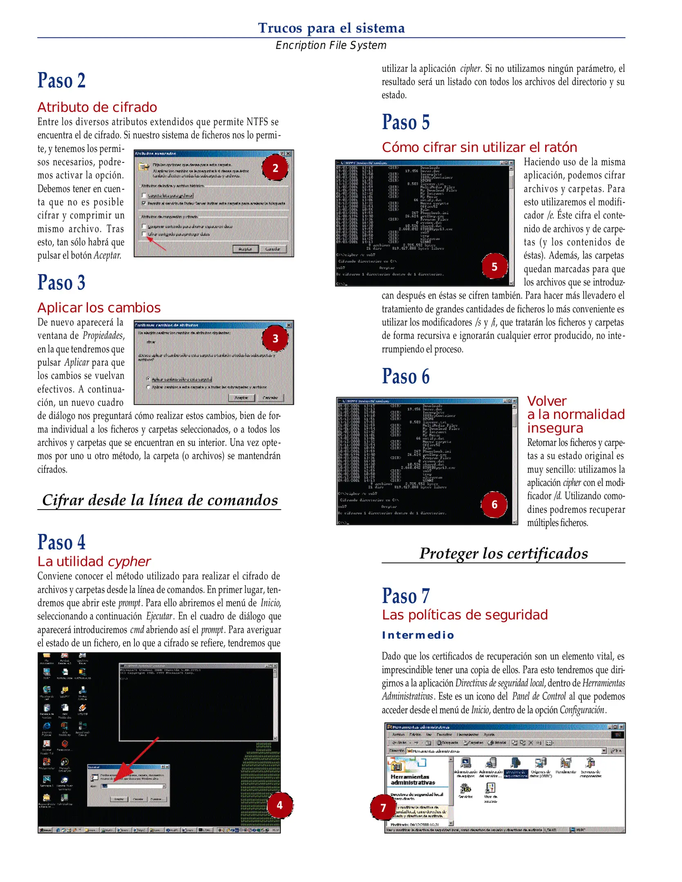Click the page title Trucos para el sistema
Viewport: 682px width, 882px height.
point(331,28)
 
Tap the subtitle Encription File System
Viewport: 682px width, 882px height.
point(331,45)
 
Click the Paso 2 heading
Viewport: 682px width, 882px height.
point(62,80)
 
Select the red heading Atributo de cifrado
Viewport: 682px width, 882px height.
point(97,107)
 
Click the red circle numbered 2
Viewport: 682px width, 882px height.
point(275,168)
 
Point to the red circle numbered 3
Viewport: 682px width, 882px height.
point(275,338)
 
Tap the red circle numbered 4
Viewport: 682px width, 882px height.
point(280,805)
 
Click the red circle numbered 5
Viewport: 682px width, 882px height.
point(494,267)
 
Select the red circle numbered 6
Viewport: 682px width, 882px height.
point(494,504)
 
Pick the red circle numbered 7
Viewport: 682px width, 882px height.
point(383,807)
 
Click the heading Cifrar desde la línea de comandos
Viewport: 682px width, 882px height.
point(160,500)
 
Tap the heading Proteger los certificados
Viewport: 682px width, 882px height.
point(503,553)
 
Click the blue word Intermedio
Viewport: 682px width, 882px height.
point(418,635)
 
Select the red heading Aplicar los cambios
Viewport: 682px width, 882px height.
point(99,307)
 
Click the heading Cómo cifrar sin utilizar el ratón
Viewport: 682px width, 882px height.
point(479,147)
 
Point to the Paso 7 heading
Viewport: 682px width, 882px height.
point(406,596)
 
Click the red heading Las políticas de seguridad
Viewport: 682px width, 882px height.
point(465,615)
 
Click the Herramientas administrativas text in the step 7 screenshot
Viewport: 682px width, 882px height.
point(410,779)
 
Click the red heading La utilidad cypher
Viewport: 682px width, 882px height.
point(94,561)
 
